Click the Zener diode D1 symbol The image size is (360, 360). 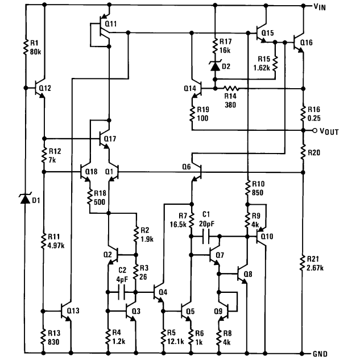24,199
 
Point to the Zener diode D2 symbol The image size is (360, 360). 214,66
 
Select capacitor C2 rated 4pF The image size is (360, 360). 121,293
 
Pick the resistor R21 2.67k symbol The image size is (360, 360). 301,263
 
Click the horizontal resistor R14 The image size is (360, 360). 230,88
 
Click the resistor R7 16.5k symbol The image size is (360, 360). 189,218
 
